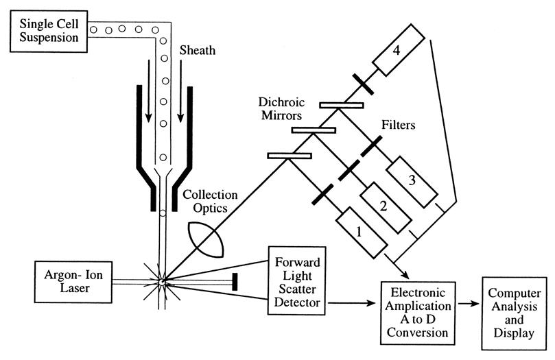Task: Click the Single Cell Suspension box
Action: (x=49, y=31)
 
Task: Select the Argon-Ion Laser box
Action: (x=73, y=282)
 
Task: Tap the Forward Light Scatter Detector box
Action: (x=297, y=280)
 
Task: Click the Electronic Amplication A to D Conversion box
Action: (x=418, y=313)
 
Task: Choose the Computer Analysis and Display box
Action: (x=514, y=313)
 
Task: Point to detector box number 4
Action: (x=398, y=50)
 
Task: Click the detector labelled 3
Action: (x=412, y=182)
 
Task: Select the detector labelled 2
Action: (x=386, y=208)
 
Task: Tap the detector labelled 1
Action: (x=361, y=232)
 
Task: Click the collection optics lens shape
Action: (x=206, y=240)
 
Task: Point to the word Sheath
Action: (x=197, y=50)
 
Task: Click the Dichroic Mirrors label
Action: (x=281, y=108)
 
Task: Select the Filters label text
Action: (x=398, y=125)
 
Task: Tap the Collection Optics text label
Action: (x=210, y=201)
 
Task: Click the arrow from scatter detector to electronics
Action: (x=351, y=302)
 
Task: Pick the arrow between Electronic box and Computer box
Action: (x=469, y=303)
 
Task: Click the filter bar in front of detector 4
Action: (x=363, y=84)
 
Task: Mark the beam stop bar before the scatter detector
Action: (x=235, y=282)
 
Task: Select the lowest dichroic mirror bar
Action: (x=290, y=156)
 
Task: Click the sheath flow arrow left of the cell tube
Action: (x=149, y=91)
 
